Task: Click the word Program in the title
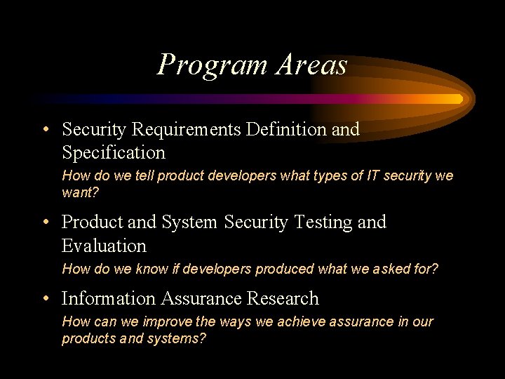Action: (x=213, y=65)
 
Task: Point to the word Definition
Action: (x=285, y=129)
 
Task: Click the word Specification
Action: (x=114, y=153)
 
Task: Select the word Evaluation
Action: (x=104, y=246)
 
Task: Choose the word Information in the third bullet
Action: (x=109, y=298)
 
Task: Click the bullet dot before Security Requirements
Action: (x=45, y=131)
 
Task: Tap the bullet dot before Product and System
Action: (x=45, y=223)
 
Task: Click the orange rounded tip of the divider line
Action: (x=459, y=99)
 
